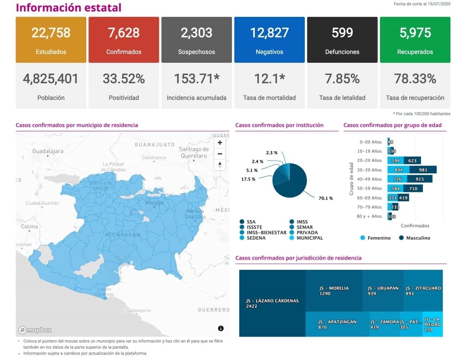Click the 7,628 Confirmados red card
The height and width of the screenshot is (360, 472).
[x=123, y=40]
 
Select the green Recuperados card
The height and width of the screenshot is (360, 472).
[x=415, y=40]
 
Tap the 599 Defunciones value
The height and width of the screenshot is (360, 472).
[x=342, y=33]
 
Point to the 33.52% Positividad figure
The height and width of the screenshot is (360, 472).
[x=123, y=79]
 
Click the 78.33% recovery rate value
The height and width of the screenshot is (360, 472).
[x=415, y=79]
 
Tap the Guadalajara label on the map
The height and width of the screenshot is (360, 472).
[x=48, y=151]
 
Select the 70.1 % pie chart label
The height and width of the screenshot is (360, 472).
[x=326, y=198]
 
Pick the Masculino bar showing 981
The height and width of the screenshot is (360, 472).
[x=423, y=170]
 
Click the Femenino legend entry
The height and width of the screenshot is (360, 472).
[x=376, y=238]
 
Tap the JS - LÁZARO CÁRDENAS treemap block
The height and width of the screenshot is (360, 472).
[x=272, y=303]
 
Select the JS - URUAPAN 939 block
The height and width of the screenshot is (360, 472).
[x=383, y=291]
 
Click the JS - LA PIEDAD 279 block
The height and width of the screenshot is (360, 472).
[x=432, y=324]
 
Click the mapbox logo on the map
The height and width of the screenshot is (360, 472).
[x=35, y=330]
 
